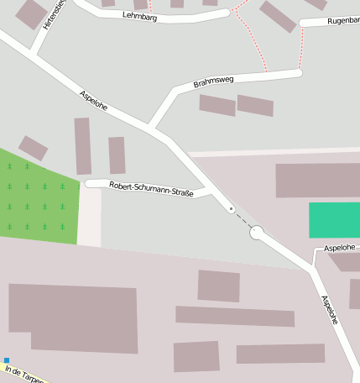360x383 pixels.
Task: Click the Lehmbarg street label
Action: (138, 16)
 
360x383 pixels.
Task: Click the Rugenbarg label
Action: (342, 20)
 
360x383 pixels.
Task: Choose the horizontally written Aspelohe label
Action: (340, 248)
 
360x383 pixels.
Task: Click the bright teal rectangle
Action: (334, 220)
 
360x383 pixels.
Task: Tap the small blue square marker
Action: (6, 360)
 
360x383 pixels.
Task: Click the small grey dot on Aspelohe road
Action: (232, 209)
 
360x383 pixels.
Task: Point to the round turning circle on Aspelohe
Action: (257, 233)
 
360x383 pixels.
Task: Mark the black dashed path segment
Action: (243, 220)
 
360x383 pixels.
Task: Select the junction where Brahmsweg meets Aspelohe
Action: (153, 128)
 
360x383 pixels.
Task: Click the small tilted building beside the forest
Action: (33, 148)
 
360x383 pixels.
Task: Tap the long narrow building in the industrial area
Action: (235, 317)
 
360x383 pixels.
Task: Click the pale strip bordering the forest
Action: (90, 217)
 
